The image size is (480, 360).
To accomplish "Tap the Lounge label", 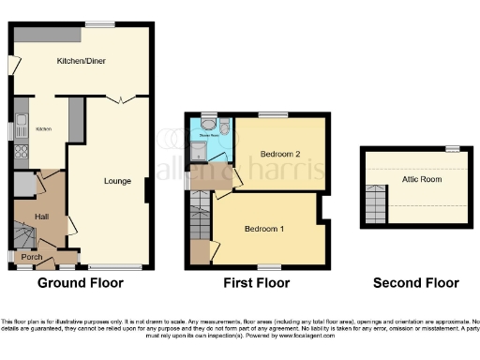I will click(116, 181).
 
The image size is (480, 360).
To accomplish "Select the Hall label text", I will click(42, 217).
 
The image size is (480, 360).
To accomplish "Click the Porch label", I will click(32, 257).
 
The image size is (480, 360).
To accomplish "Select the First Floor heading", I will click(255, 282).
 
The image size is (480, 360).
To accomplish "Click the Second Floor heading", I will click(416, 282).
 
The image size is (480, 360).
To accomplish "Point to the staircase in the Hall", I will click(24, 231).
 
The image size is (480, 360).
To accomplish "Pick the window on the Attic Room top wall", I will click(452, 148).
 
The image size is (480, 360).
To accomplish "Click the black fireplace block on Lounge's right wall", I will click(146, 190).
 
